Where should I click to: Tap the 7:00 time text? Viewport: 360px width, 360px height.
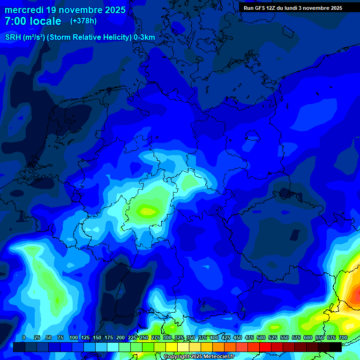(x=16, y=21)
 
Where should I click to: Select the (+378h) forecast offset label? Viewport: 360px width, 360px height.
(x=83, y=21)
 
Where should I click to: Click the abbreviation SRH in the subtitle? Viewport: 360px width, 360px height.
(x=13, y=37)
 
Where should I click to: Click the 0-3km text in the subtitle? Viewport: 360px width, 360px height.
(x=144, y=37)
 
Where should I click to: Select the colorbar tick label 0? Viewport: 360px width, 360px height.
(x=24, y=337)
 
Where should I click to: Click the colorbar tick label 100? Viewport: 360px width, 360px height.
(x=74, y=337)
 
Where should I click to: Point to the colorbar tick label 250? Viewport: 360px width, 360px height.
(x=144, y=337)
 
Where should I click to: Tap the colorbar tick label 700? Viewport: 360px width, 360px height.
(x=343, y=337)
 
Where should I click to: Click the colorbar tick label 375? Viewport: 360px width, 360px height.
(x=202, y=337)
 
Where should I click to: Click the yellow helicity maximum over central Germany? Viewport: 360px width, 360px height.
(x=148, y=211)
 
